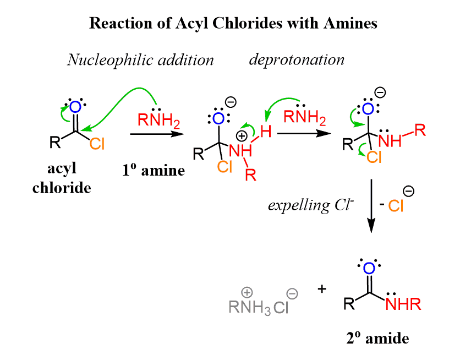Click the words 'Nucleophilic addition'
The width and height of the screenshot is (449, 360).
140,59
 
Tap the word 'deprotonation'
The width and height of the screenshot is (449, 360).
297,59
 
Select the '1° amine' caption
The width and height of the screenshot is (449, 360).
154,170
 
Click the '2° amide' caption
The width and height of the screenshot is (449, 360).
377,338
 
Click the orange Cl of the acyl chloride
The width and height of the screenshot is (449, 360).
97,144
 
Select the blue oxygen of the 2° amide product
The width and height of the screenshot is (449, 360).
369,268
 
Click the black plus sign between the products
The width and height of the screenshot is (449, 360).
322,288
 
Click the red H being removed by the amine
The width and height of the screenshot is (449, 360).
266,132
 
